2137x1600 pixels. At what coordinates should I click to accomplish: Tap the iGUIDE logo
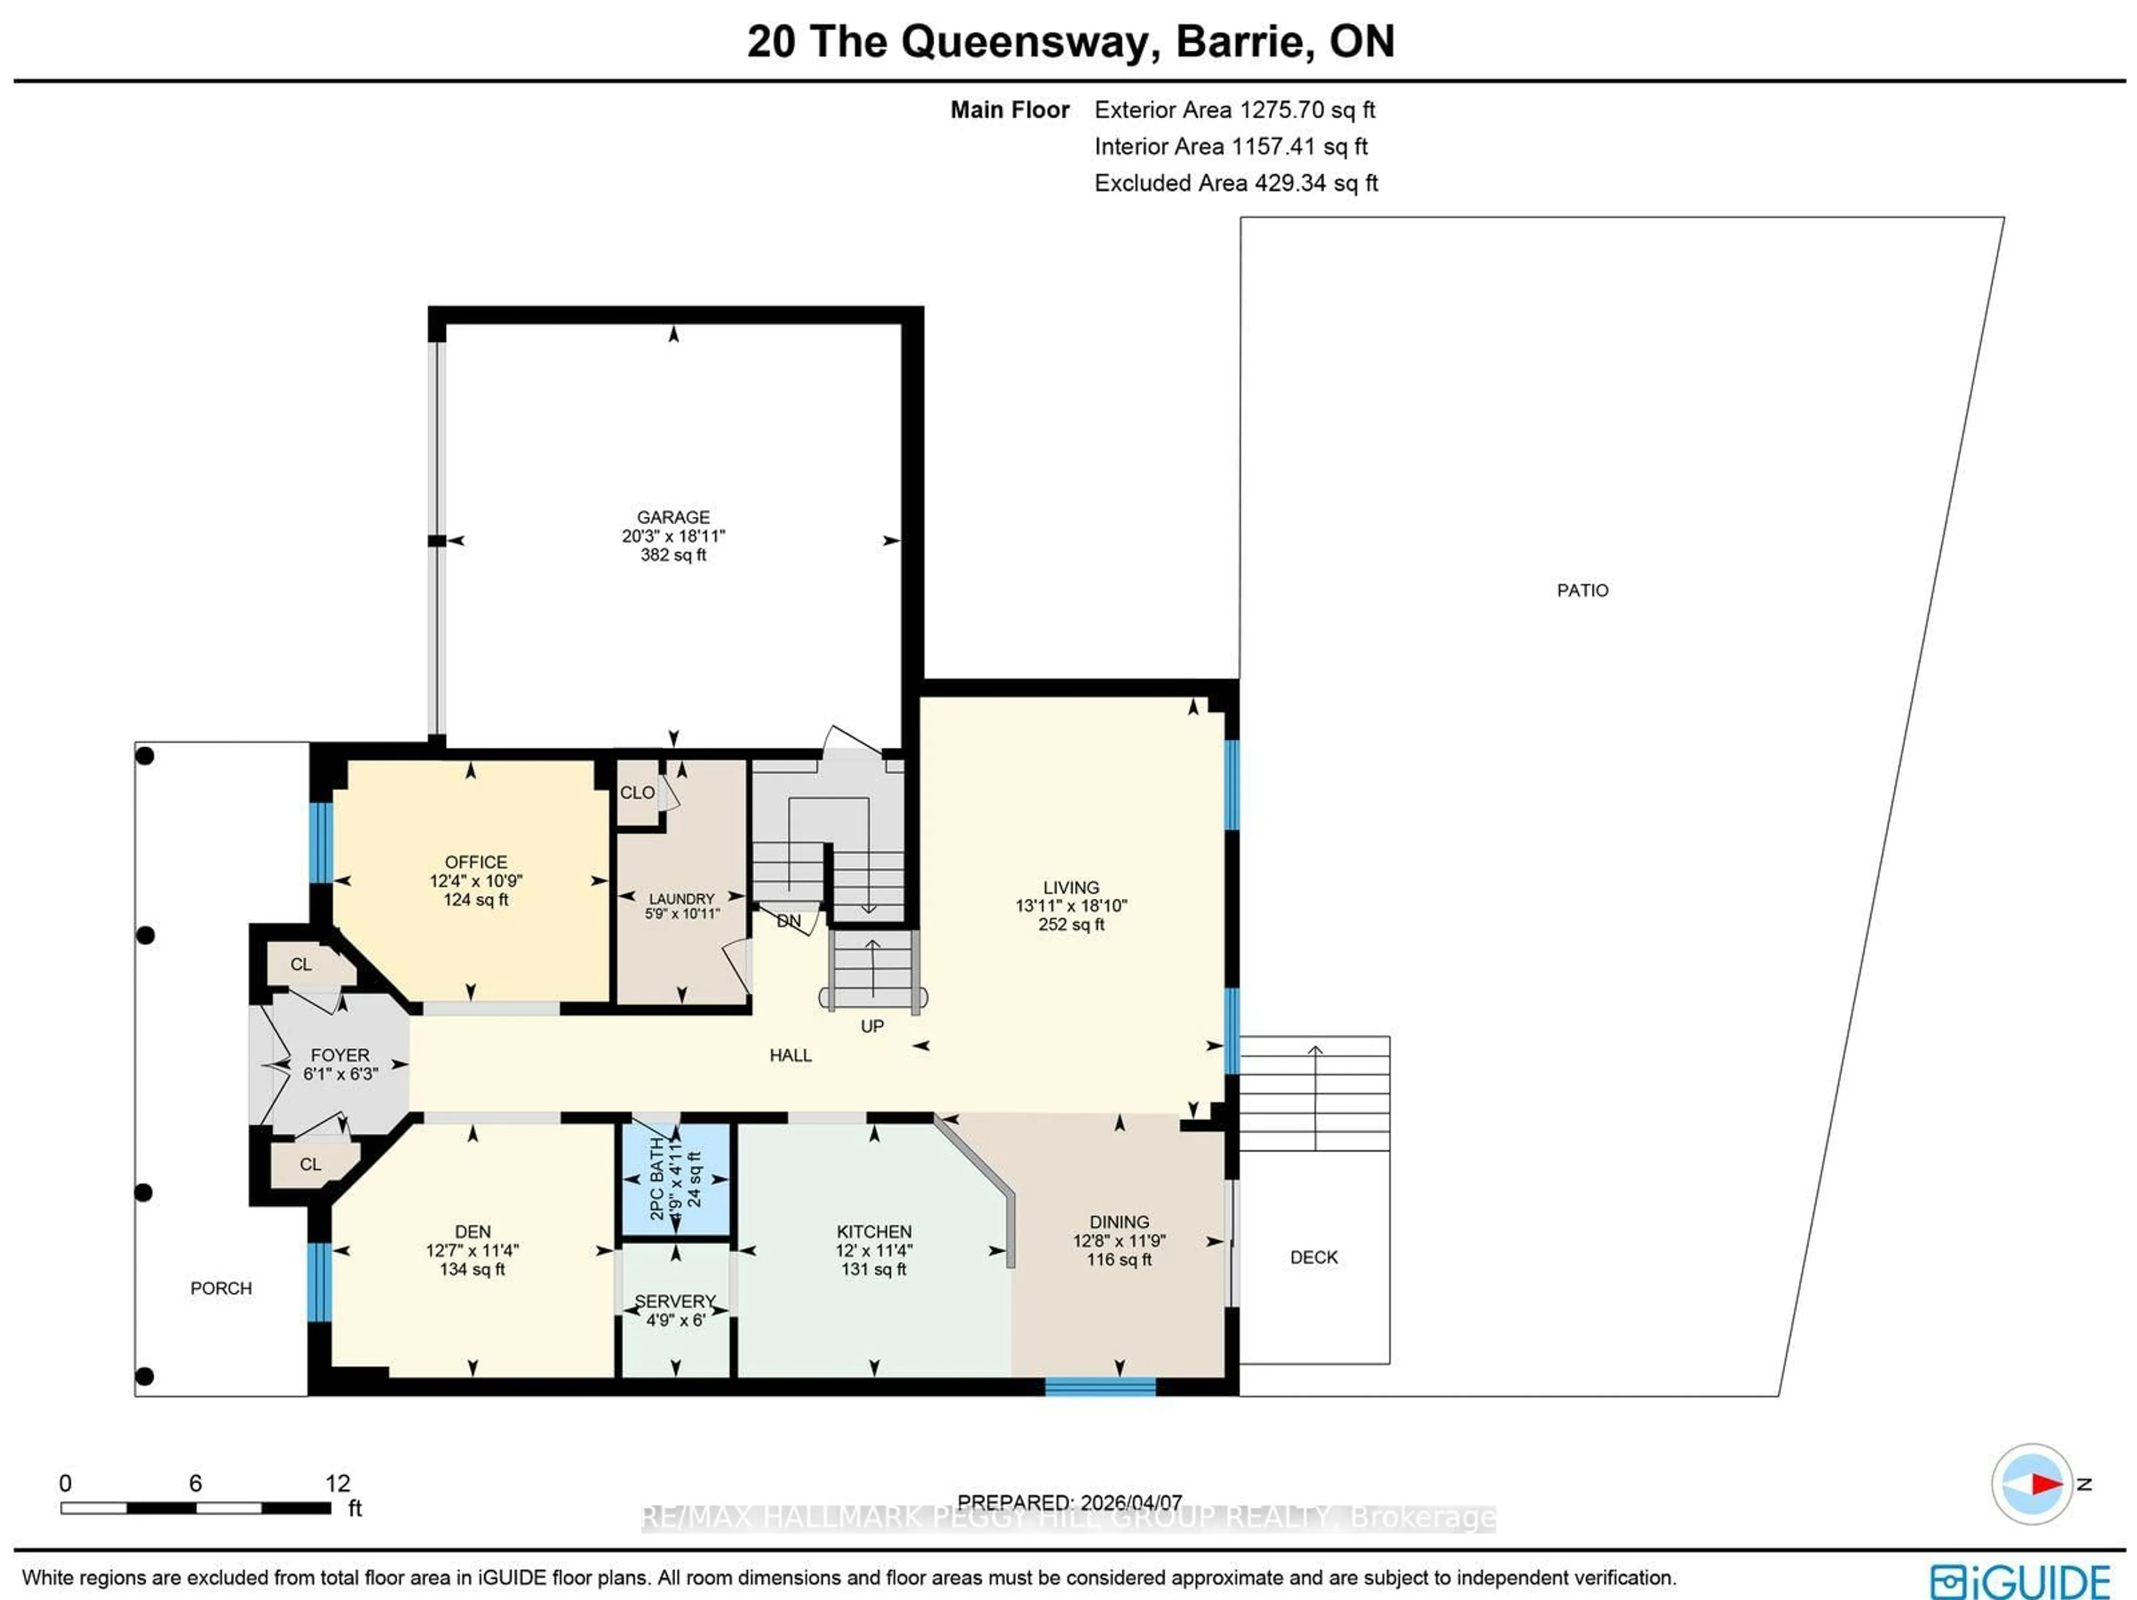(2019, 1582)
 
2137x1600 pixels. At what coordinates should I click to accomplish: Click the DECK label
(1314, 1257)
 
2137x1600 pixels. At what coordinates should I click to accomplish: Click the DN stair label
(789, 921)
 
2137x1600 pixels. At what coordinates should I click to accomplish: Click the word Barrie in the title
(1239, 42)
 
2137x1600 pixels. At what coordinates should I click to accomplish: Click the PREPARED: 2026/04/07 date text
(1070, 1503)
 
